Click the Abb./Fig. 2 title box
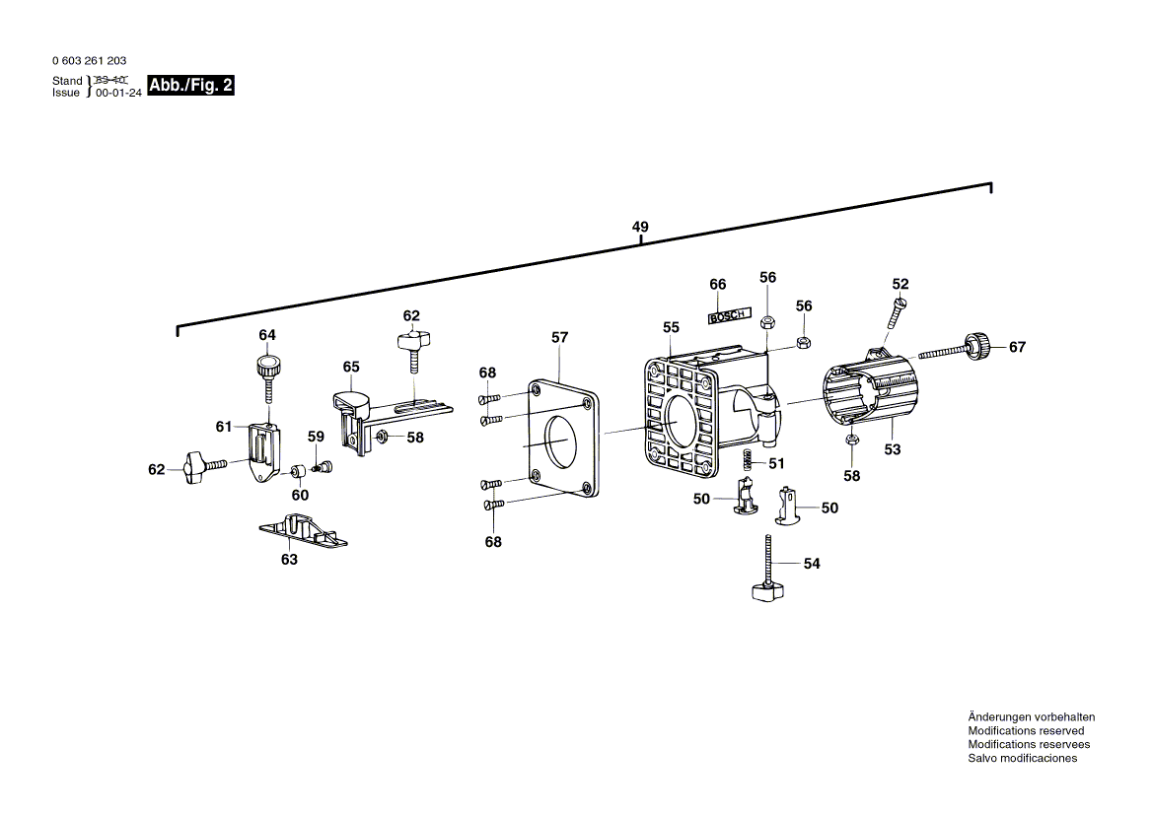point(190,86)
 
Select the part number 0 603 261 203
point(89,61)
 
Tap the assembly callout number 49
point(640,228)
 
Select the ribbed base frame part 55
point(681,414)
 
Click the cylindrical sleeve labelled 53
point(868,394)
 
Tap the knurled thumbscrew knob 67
point(976,346)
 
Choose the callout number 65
point(351,367)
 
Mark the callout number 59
point(315,437)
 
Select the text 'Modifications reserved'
point(1025,731)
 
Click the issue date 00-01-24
point(118,93)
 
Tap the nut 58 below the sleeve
point(851,440)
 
